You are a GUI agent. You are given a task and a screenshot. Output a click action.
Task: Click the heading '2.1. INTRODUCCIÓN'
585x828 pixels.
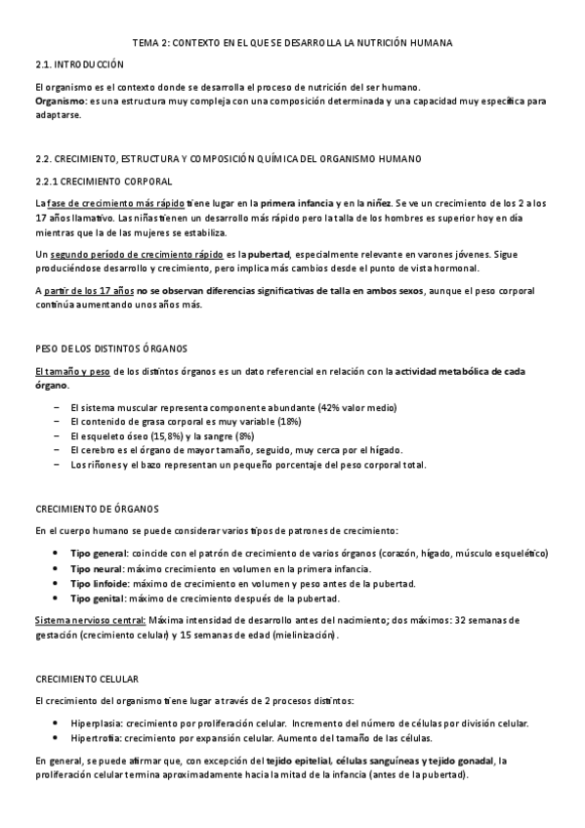[x=79, y=63]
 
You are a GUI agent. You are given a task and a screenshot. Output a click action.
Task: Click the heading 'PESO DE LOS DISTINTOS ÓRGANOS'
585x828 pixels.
[x=110, y=349]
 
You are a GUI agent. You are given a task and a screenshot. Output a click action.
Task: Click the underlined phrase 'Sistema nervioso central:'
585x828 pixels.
[x=90, y=620]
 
